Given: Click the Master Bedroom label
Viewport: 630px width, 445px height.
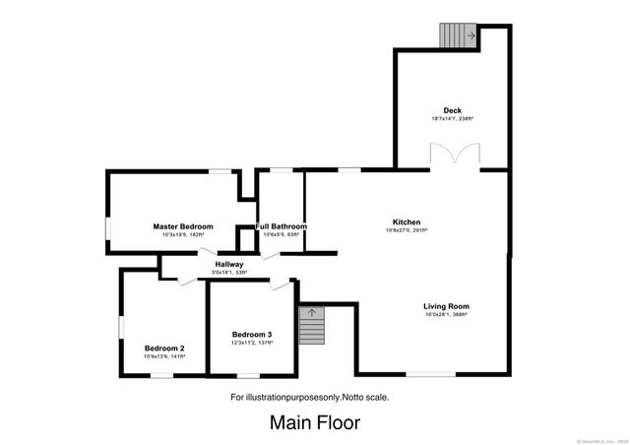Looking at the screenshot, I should (182, 226).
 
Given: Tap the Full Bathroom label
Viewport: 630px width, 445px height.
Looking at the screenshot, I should (282, 226).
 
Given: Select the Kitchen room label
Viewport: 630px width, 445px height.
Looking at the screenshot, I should (407, 222).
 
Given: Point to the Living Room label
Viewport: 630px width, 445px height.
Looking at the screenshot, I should (446, 306).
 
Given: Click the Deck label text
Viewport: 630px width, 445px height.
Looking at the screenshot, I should (452, 110).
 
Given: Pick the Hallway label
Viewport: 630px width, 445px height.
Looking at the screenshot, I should (228, 264).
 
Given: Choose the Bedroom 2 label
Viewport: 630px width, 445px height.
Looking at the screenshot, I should (164, 349).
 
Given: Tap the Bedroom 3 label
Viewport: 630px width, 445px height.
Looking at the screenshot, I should (251, 335).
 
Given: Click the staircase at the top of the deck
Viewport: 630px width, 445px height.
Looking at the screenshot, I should (458, 34).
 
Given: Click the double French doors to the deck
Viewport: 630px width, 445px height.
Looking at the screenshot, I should (453, 156).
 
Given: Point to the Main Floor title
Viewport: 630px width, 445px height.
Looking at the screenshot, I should (315, 423).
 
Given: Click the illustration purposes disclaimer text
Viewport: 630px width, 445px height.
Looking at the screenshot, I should (309, 397).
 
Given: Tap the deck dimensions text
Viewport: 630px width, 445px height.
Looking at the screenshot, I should (452, 119).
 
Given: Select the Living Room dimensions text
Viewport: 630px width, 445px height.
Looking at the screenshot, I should (446, 315).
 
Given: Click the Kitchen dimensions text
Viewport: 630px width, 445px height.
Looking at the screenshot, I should (407, 231).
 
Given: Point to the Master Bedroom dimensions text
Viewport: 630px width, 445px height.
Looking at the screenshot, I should (182, 235).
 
